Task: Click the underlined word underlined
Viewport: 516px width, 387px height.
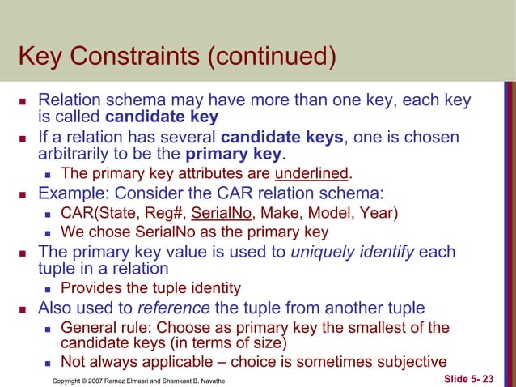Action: pos(311,172)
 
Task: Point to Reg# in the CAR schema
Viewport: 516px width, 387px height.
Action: pos(163,214)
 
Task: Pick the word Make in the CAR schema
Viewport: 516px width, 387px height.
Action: pos(274,214)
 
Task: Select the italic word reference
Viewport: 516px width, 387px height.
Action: pos(167,308)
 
